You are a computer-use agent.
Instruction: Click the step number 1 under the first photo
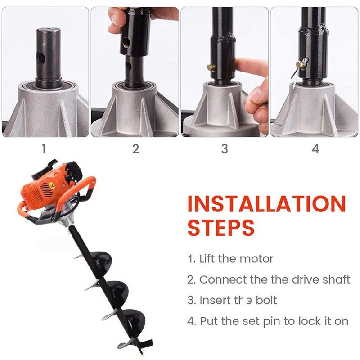click(x=44, y=148)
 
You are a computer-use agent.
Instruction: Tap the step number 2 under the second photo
click(x=136, y=148)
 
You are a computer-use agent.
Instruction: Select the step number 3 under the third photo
click(x=225, y=148)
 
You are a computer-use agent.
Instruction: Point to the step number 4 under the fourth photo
click(x=315, y=148)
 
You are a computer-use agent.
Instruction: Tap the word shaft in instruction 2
click(x=335, y=279)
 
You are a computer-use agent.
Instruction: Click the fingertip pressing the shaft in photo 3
click(x=238, y=64)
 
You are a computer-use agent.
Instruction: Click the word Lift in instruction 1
click(x=207, y=259)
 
